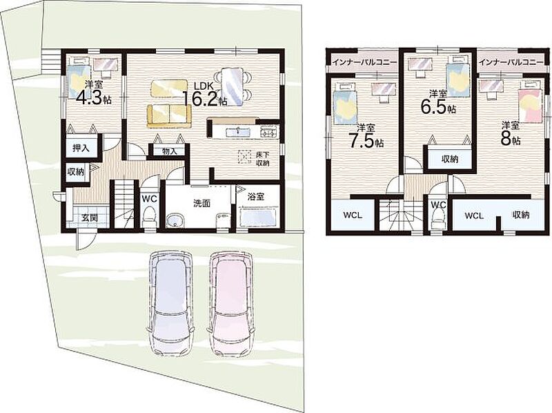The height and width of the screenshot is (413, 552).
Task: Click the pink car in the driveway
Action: click(231, 304)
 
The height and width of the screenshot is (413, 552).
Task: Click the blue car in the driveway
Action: click(170, 304)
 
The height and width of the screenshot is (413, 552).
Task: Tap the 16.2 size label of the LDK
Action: click(204, 98)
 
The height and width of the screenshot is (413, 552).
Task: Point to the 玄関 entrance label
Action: click(90, 218)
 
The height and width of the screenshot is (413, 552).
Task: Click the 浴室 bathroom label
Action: click(256, 197)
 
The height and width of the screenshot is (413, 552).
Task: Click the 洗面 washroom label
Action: click(201, 203)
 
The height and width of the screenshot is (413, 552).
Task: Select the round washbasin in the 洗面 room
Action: click(175, 222)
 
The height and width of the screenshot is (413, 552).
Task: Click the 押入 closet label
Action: click(81, 148)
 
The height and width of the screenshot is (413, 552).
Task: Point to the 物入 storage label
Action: click(169, 151)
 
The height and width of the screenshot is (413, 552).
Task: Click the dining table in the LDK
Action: click(232, 86)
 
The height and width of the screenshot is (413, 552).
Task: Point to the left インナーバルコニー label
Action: click(364, 62)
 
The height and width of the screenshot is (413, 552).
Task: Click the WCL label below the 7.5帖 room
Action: click(353, 215)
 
